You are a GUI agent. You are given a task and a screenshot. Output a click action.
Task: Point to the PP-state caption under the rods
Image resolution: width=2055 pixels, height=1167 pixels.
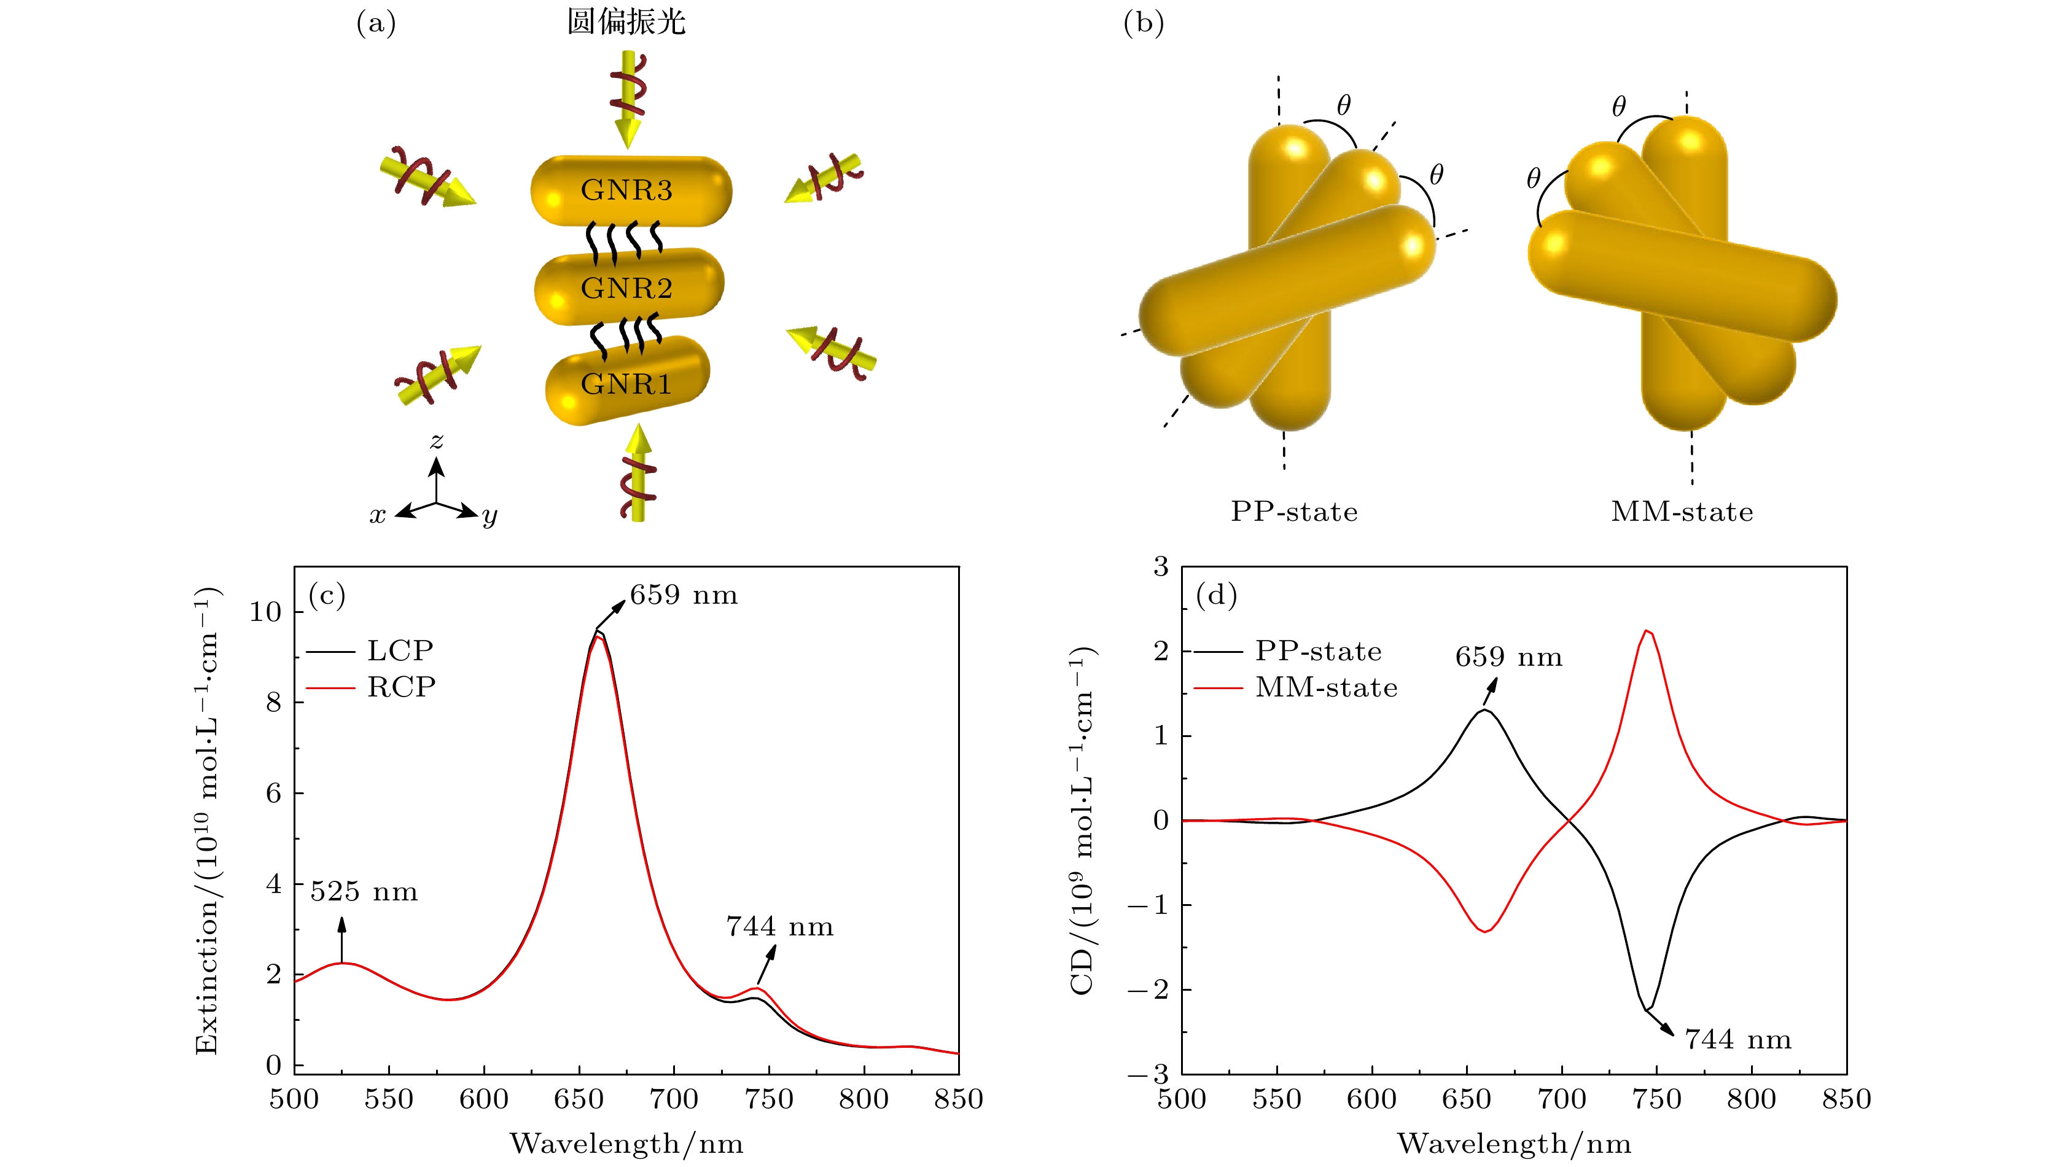click(1295, 512)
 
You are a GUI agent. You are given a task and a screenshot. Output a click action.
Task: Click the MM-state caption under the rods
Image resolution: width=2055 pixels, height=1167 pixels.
click(1682, 512)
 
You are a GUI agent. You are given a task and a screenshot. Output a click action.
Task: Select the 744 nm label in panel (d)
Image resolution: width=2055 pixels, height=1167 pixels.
click(1737, 1040)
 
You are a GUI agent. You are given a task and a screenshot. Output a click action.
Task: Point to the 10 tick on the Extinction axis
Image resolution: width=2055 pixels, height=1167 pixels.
click(265, 612)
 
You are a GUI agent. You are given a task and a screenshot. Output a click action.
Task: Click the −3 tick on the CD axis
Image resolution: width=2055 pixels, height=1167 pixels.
click(1148, 1074)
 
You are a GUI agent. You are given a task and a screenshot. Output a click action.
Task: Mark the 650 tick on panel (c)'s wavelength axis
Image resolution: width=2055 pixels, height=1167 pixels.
click(579, 1099)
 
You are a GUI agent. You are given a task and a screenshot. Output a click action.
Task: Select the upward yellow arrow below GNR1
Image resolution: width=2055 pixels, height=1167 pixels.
click(638, 473)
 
